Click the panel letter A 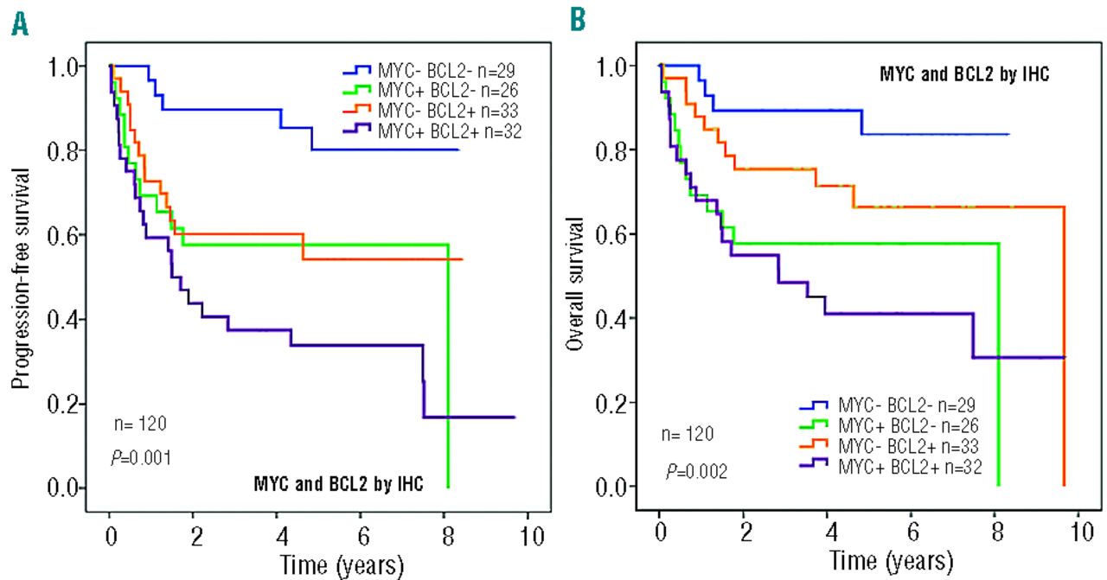[19, 22]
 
